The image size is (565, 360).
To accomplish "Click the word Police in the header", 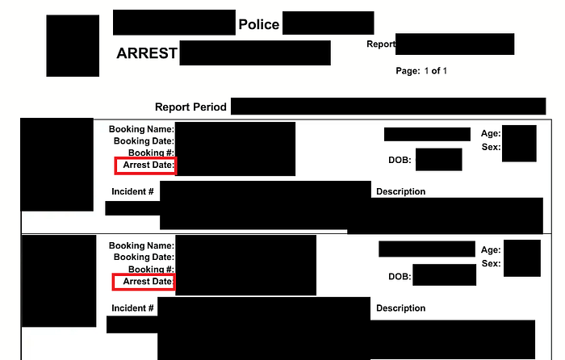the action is pyautogui.click(x=258, y=25).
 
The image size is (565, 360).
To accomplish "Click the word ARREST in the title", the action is pyautogui.click(x=147, y=54).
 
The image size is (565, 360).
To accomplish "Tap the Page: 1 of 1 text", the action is pyautogui.click(x=421, y=71).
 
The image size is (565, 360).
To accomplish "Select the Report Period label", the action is pyautogui.click(x=191, y=107).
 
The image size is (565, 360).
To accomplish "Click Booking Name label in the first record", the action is pyautogui.click(x=141, y=129).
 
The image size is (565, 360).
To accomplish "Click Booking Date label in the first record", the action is pyautogui.click(x=144, y=141).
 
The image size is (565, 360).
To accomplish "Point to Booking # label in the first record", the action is pyautogui.click(x=151, y=153).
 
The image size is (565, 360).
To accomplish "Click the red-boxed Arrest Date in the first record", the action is pyautogui.click(x=145, y=165).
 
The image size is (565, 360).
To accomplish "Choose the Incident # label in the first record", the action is pyautogui.click(x=132, y=191).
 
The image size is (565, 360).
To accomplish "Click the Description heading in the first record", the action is pyautogui.click(x=400, y=191).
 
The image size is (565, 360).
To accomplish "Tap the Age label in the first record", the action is pyautogui.click(x=490, y=134).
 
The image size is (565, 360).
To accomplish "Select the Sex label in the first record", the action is pyautogui.click(x=491, y=148).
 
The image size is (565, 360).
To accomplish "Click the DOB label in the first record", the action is pyautogui.click(x=400, y=160).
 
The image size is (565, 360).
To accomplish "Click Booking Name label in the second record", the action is pyautogui.click(x=141, y=245).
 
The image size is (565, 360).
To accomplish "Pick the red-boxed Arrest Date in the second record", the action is pyautogui.click(x=144, y=282).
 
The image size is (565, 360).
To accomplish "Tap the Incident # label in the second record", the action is pyautogui.click(x=132, y=308).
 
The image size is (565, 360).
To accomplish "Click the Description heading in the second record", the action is pyautogui.click(x=400, y=308).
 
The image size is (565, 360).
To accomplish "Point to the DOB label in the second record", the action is pyautogui.click(x=400, y=276).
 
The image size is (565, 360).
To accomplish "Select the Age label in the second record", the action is pyautogui.click(x=491, y=250).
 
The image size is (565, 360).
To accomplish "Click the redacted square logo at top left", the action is pyautogui.click(x=72, y=45).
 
